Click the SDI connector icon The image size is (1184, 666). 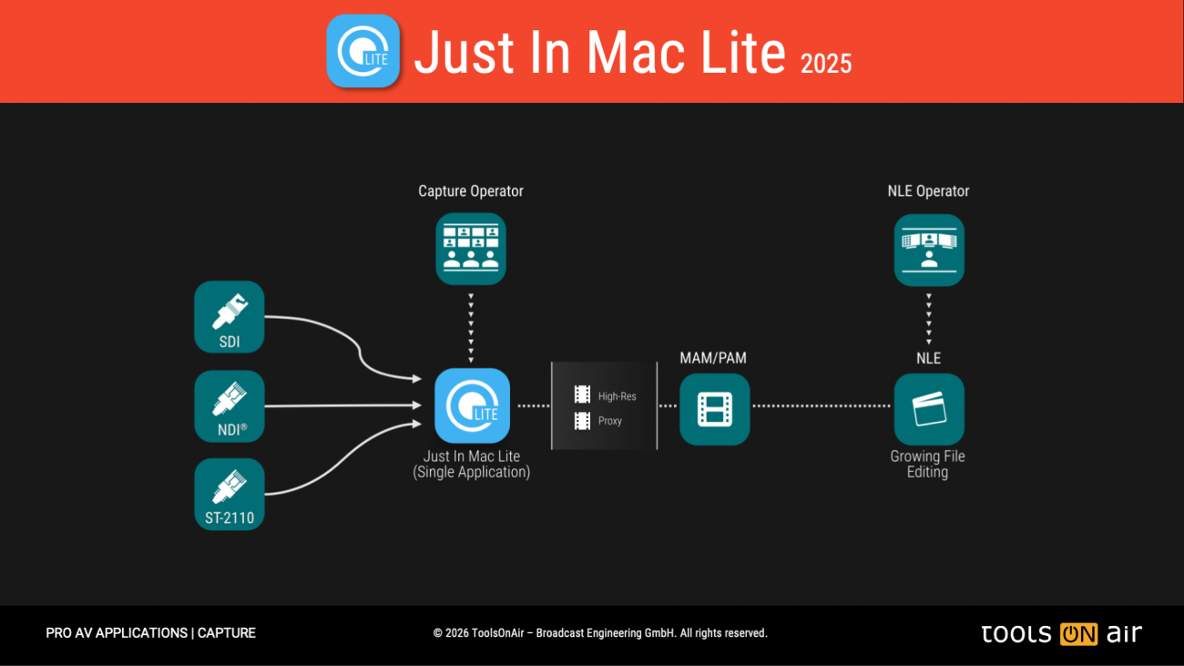[230, 316]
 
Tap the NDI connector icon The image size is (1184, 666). [230, 405]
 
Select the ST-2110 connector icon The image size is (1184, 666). [230, 494]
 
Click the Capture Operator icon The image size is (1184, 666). [471, 249]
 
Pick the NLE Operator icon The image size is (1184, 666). [928, 250]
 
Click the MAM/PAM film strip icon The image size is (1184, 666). [715, 409]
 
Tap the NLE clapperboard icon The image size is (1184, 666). [928, 409]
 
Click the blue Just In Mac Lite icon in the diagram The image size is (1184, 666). [472, 405]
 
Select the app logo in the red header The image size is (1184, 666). [363, 51]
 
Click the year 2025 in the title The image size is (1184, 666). [826, 63]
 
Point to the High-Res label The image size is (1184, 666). [617, 396]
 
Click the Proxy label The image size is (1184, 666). [610, 421]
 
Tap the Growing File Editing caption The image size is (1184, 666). [927, 464]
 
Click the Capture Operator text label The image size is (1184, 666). [471, 191]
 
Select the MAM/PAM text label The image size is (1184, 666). [713, 358]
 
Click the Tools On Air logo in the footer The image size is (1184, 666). [1061, 633]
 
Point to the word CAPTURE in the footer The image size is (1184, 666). [227, 633]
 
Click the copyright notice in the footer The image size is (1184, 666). [600, 633]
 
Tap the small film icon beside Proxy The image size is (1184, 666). [582, 421]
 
